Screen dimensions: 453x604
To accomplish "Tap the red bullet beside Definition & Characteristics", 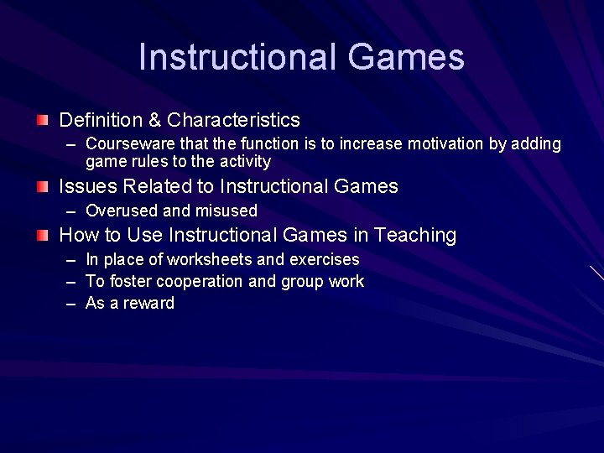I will click(x=43, y=121).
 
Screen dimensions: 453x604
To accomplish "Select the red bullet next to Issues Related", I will click(x=43, y=186).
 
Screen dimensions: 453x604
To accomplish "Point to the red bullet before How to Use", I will click(x=43, y=236).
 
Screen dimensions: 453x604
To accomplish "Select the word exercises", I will click(x=324, y=260).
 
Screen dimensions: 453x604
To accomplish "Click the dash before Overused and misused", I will click(x=71, y=211).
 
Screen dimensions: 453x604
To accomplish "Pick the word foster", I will click(x=128, y=282).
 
